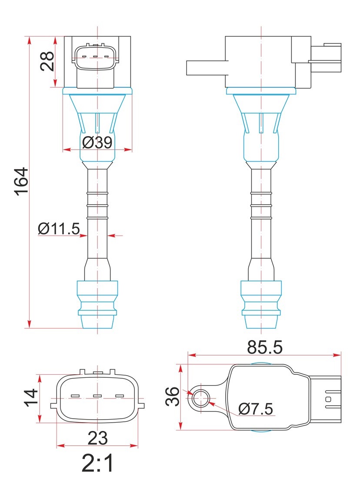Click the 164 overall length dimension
coord(22,181)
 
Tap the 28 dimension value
coord(47,61)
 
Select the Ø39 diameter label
coord(97,142)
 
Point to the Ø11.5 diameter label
coord(59,229)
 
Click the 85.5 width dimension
coord(265,347)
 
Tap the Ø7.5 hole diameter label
coord(256,409)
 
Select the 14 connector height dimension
coord(31,398)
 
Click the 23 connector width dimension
coord(98,438)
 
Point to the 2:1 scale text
coord(98,463)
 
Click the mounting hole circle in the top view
coord(201,398)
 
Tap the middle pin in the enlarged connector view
coord(97,396)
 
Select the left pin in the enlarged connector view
coord(75,396)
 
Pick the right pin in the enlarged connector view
coord(120,396)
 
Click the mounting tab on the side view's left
coord(207,68)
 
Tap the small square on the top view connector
coord(328,399)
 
